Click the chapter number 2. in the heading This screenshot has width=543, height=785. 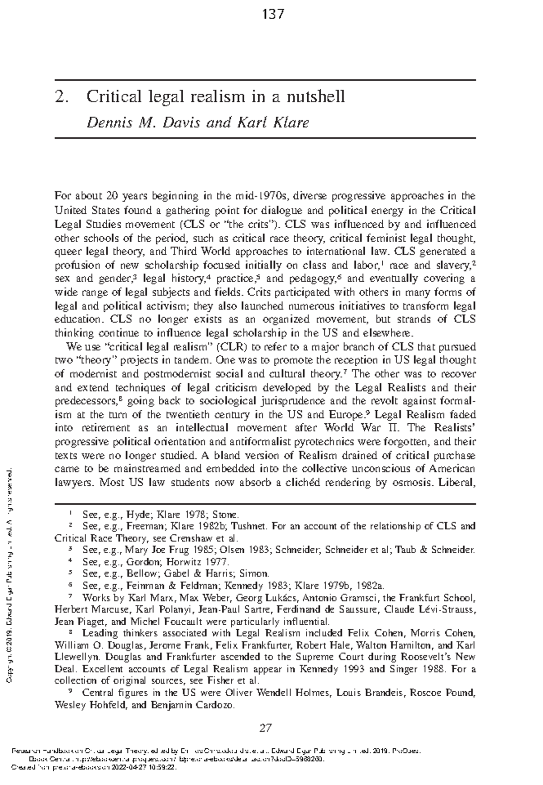tap(61, 96)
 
